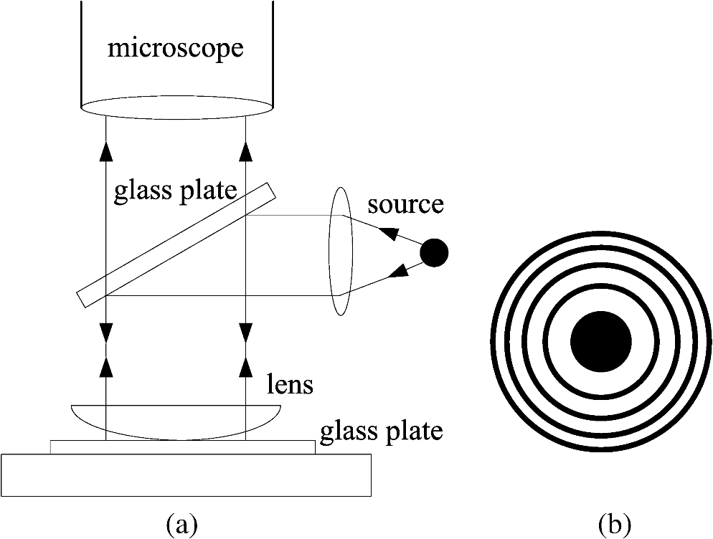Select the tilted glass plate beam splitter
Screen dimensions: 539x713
coord(175,244)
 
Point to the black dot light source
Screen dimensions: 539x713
coord(434,252)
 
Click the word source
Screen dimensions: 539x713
coord(405,204)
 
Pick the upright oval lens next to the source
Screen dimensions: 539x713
coord(341,251)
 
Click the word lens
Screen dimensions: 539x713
coord(291,384)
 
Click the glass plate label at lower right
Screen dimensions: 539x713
coord(381,431)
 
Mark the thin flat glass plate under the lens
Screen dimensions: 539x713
coord(182,447)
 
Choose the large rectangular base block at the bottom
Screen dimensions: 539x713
coord(186,474)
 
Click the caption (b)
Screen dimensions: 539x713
coord(614,525)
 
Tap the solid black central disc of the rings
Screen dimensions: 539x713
coord(601,342)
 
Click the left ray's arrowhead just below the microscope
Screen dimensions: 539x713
coord(106,151)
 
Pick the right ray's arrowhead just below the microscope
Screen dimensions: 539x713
coord(246,151)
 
